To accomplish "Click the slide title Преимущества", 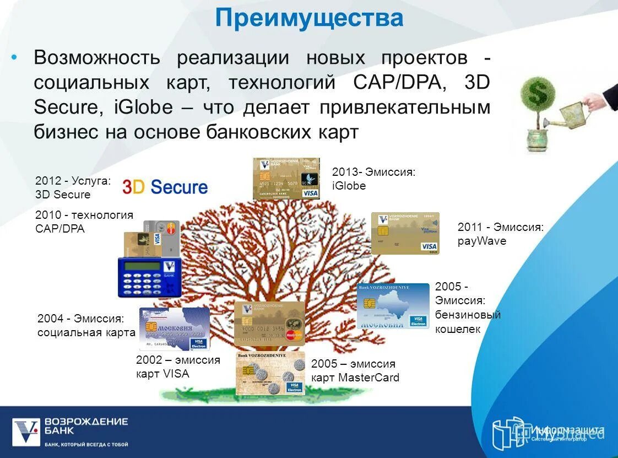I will pyautogui.click(x=309, y=18).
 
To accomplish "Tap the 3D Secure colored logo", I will pyautogui.click(x=165, y=187).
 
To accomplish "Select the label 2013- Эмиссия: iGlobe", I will pyautogui.click(x=373, y=179).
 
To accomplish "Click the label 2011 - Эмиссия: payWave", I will pyautogui.click(x=500, y=234).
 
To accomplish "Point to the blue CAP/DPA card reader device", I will pyautogui.click(x=150, y=277).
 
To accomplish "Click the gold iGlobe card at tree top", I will pyautogui.click(x=286, y=178).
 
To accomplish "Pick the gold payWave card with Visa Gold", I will pyautogui.click(x=405, y=233).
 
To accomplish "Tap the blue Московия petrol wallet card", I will pyautogui.click(x=393, y=306).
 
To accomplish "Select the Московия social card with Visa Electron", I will pyautogui.click(x=174, y=328).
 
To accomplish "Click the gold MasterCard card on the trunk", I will pyautogui.click(x=269, y=324).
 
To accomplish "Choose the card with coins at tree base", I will pyautogui.click(x=270, y=374).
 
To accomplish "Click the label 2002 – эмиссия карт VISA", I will pyautogui.click(x=177, y=367).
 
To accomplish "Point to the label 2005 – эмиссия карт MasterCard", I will pyautogui.click(x=355, y=370).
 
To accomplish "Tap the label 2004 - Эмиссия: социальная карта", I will pyautogui.click(x=86, y=325).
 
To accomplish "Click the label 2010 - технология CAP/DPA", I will pyautogui.click(x=84, y=222).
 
